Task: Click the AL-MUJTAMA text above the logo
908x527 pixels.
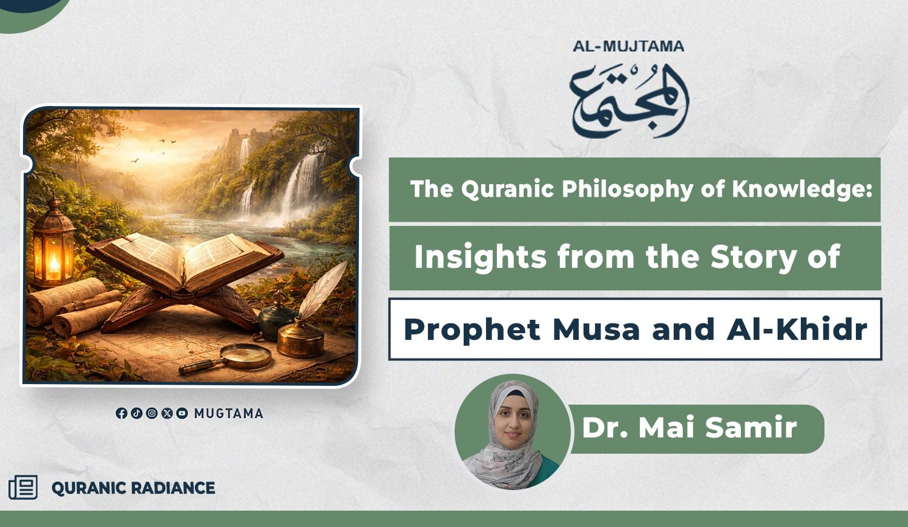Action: [628, 46]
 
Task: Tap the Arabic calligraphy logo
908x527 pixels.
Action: [629, 100]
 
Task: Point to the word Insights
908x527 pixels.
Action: [481, 257]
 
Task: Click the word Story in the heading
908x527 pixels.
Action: [754, 257]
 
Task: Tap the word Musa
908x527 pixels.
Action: [596, 329]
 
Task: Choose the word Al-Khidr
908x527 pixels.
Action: [797, 329]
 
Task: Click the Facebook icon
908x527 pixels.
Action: [121, 413]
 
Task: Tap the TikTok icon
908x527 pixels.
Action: [137, 413]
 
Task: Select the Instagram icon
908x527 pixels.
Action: [151, 413]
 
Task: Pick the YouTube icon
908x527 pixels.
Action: [182, 413]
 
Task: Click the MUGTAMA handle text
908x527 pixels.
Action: [229, 413]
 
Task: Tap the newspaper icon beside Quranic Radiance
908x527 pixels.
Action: [23, 487]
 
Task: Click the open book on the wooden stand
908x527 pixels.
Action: [185, 260]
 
